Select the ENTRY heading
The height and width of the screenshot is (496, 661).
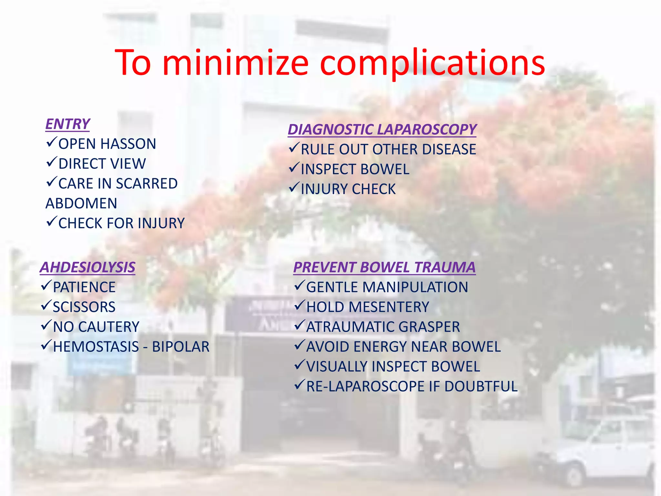[67, 124]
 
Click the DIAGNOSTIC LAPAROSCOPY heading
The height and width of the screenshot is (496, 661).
[382, 129]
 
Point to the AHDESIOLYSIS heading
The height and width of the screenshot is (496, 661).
[87, 267]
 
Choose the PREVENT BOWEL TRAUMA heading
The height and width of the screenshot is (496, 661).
[384, 267]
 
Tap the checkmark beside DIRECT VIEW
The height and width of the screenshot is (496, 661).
[51, 162]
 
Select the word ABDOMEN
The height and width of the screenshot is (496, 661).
[81, 203]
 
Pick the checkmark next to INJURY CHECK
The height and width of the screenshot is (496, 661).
[294, 187]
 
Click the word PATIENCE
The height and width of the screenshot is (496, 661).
[84, 287]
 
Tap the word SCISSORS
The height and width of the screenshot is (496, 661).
[84, 307]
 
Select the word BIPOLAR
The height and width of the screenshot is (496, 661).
[181, 347]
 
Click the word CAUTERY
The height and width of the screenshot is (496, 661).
[109, 327]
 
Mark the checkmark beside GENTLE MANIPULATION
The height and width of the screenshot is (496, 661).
[300, 285]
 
